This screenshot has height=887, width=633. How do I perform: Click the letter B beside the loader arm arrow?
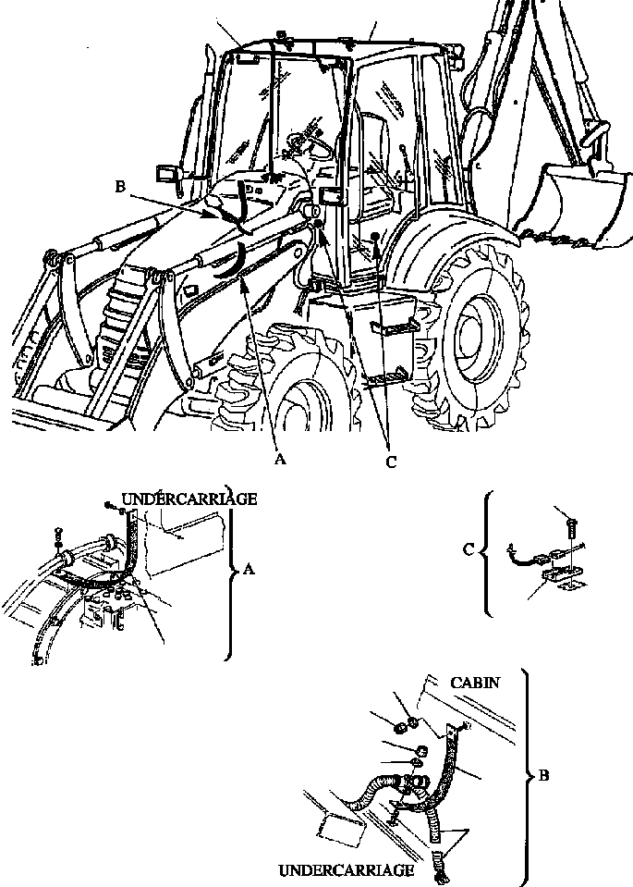(120, 186)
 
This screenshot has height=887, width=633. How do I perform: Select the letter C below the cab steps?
(391, 462)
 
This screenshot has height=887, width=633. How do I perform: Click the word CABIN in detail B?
(476, 682)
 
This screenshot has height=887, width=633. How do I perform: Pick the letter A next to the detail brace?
(247, 572)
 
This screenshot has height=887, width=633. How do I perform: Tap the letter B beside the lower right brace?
(543, 775)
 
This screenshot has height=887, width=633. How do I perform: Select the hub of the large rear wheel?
(478, 328)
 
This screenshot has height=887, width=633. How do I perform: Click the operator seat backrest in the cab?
(375, 139)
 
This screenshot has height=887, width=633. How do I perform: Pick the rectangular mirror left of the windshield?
(167, 173)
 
